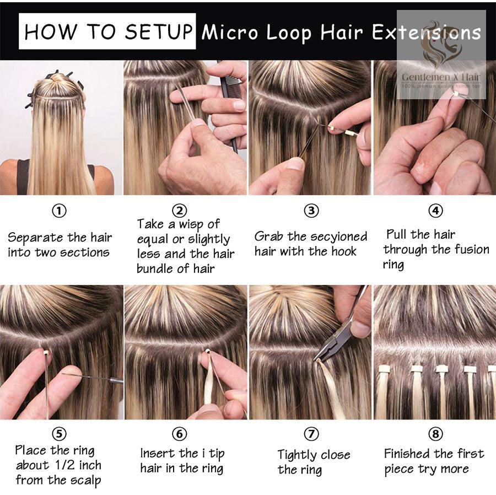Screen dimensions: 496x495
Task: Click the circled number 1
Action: [59, 211]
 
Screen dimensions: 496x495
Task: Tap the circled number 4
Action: [435, 211]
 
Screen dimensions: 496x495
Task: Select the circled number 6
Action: [179, 434]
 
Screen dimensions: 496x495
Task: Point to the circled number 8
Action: [435, 434]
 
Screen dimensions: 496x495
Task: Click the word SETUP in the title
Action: [159, 31]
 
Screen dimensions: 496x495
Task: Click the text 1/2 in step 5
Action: [65, 465]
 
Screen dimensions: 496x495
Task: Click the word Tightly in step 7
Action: [296, 455]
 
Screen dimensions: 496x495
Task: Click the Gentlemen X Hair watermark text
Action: [441, 77]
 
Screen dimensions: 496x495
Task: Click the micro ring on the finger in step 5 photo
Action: [46, 352]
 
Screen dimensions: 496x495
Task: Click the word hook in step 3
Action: [343, 251]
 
